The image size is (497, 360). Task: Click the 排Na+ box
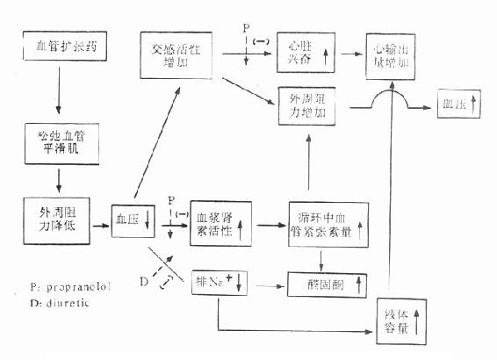[x=220, y=283]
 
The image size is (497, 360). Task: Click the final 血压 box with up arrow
[x=459, y=105]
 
